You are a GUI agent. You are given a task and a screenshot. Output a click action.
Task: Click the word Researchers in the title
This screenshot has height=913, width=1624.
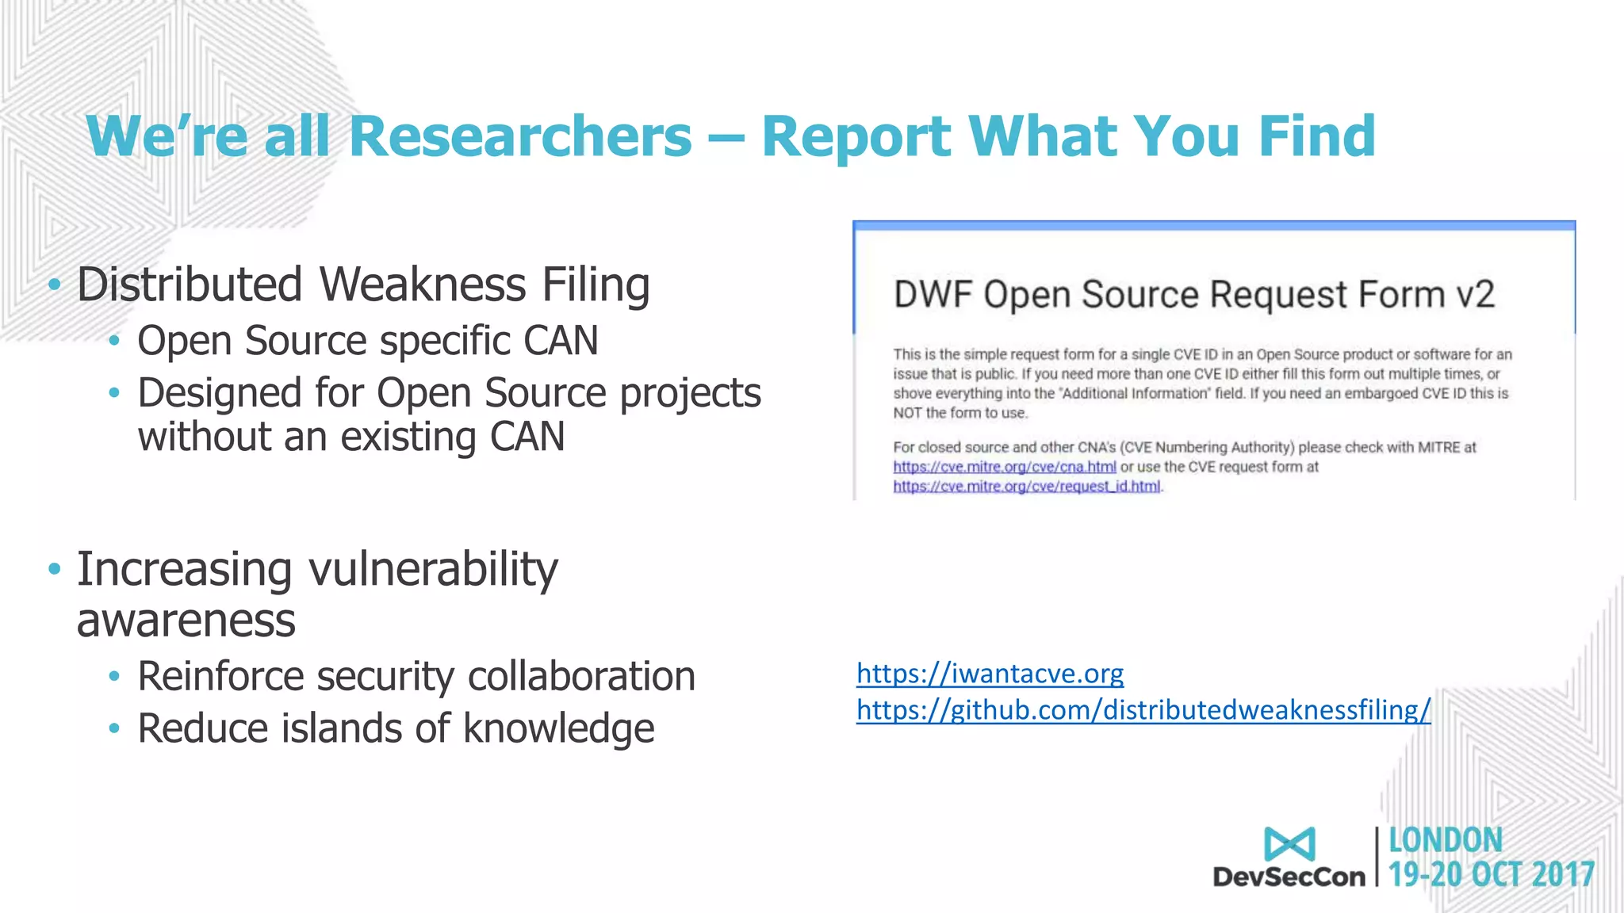(x=520, y=136)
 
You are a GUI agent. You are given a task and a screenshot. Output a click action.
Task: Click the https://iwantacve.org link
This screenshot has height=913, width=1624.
(x=990, y=674)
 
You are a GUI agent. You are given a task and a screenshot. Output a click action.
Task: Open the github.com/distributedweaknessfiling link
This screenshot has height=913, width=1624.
(x=1143, y=710)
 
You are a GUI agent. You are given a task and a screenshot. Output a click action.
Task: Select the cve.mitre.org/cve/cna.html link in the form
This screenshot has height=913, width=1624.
(x=1004, y=467)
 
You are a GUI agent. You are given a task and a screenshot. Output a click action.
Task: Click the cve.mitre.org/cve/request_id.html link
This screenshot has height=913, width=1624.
(x=1026, y=487)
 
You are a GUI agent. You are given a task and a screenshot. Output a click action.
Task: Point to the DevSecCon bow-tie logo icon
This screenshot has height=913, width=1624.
(x=1289, y=844)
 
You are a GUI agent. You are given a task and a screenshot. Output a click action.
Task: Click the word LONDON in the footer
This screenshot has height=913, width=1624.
(x=1445, y=840)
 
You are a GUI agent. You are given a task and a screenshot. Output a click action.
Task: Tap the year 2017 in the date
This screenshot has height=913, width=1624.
(x=1563, y=875)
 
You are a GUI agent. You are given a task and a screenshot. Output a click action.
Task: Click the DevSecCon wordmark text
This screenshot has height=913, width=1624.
(x=1289, y=877)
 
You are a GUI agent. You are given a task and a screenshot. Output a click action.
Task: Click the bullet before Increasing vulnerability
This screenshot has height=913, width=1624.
(x=54, y=568)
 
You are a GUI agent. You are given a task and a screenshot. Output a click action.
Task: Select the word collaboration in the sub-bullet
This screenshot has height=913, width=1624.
(x=581, y=676)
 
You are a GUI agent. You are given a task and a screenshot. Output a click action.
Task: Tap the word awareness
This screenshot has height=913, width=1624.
(x=186, y=620)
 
